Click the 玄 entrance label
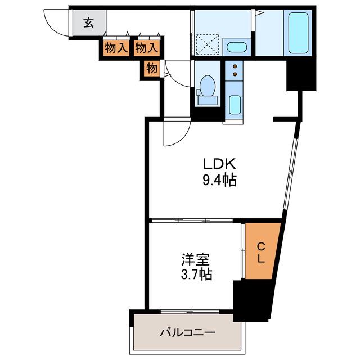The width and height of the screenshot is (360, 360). click(89, 22)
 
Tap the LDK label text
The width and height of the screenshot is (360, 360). click(219, 164)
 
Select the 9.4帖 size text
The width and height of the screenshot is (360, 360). click(219, 180)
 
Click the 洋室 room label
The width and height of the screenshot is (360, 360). click(195, 259)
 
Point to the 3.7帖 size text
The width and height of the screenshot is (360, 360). click(196, 274)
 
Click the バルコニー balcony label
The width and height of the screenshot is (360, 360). click(188, 332)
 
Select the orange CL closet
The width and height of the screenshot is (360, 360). click(263, 251)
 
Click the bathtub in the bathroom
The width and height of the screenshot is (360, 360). click(298, 33)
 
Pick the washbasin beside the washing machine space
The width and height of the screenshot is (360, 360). click(236, 47)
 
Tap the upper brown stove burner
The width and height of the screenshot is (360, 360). click(235, 66)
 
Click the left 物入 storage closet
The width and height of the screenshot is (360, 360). click(116, 48)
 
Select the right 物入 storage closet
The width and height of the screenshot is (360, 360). click(146, 48)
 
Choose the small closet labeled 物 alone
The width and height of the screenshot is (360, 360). click(152, 68)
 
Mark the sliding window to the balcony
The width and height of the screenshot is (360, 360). click(190, 312)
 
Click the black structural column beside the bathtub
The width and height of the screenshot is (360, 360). click(301, 75)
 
